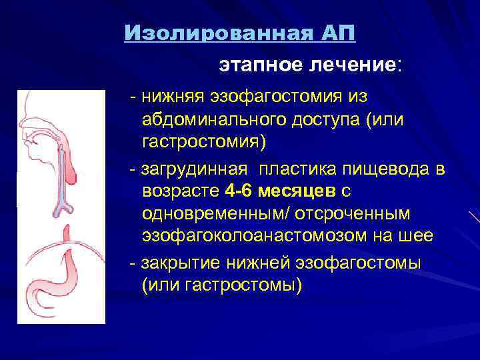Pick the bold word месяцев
click(297, 192)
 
